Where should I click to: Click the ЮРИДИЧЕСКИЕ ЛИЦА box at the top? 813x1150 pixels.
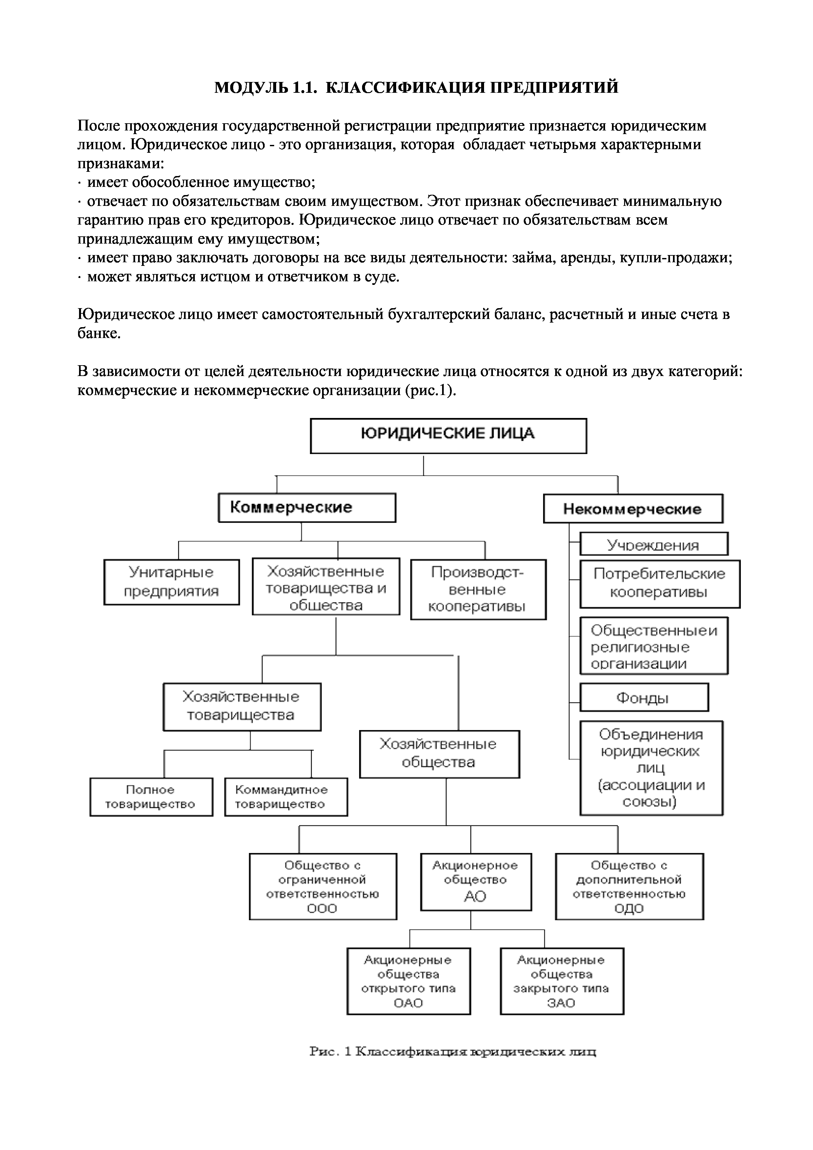[448, 435]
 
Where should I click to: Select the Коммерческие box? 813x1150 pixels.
[307, 507]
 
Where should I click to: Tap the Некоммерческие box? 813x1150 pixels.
[633, 509]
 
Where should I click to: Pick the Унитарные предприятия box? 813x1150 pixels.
[171, 582]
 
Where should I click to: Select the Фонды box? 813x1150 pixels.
[644, 697]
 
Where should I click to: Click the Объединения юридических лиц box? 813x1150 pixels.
[651, 767]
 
